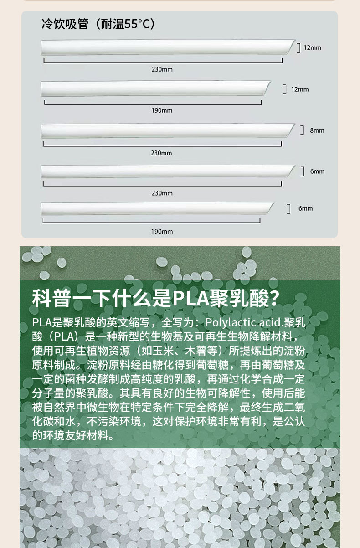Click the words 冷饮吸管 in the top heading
65,24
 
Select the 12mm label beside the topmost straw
312,47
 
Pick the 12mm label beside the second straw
300,89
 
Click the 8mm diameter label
317,130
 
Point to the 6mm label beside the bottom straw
305,208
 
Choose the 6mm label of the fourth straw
317,171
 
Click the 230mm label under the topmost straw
162,69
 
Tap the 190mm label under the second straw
162,110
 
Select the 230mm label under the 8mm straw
162,153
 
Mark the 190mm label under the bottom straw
162,231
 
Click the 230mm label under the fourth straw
162,193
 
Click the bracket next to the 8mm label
302,130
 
